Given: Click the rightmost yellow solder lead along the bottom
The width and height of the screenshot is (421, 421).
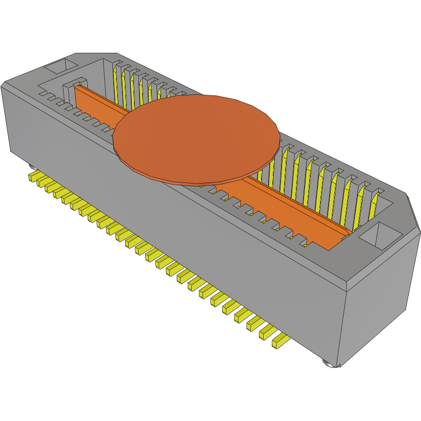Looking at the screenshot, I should click(280, 340).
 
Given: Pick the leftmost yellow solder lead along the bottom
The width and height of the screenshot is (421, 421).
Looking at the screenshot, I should click(33, 177).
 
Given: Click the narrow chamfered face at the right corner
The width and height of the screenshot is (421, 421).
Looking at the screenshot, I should click(413, 215).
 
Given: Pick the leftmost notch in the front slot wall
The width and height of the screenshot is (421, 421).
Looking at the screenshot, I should click(44, 94).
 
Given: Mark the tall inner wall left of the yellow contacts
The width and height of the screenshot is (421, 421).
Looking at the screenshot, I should click(107, 77).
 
